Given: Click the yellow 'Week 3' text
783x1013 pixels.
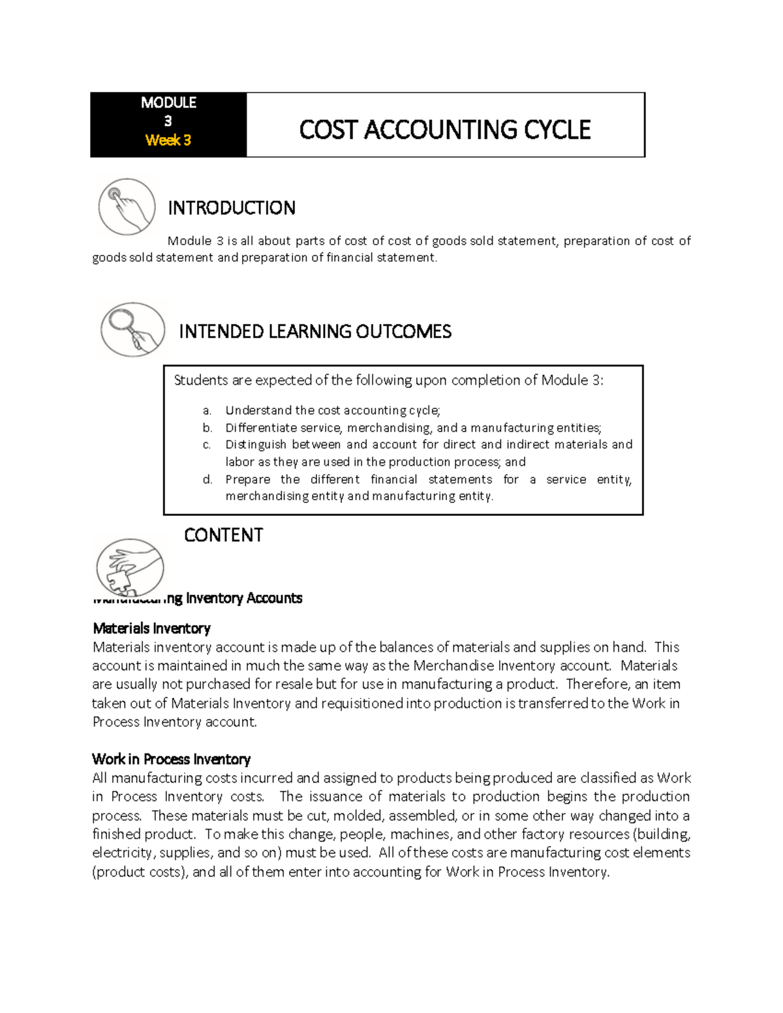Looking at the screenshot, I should point(168,140).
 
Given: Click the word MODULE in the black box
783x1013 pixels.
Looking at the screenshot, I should point(168,102).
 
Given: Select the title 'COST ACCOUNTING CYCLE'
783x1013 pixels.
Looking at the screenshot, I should point(444,130).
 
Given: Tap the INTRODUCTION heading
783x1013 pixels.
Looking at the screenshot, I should point(232,208).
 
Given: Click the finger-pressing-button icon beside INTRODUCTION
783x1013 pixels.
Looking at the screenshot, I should point(127,207).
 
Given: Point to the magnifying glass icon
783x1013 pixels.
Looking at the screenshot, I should point(132,329).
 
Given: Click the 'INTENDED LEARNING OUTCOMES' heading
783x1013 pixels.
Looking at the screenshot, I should point(315,331).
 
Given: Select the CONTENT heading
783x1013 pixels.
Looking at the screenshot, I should point(223,536).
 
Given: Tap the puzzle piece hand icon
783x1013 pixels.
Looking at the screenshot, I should point(129,567).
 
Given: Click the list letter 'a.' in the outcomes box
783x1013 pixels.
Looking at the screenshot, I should point(207,410).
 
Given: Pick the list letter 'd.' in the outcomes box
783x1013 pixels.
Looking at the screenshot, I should point(207,479).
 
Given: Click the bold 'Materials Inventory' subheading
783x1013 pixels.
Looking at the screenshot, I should point(151,628).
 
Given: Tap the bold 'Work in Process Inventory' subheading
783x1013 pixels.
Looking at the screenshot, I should point(171,759).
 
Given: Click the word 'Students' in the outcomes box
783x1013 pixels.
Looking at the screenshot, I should point(201,380).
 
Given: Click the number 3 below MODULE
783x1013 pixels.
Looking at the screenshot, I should point(168,121).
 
